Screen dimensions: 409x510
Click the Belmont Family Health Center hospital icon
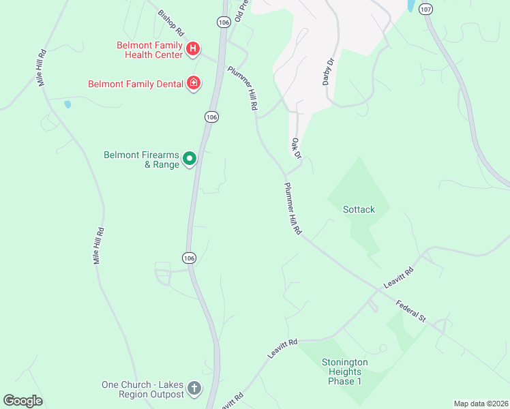point(193,48)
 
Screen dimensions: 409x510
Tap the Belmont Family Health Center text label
point(149,50)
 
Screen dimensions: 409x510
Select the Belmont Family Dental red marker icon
point(194,83)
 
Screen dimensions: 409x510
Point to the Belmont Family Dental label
point(136,85)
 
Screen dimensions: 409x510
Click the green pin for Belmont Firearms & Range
point(190,160)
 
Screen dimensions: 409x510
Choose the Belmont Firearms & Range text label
point(141,160)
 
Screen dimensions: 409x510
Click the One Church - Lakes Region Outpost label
point(142,389)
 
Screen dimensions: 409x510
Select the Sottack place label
point(359,209)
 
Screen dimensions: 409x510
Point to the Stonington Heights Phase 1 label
point(345,372)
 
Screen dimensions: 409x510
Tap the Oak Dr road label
point(296,148)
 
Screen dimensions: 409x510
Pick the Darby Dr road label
point(328,72)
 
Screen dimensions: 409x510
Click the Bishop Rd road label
point(171,22)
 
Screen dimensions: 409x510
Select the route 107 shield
point(426,9)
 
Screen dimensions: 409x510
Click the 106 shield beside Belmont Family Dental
point(211,117)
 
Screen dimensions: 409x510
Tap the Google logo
point(22,401)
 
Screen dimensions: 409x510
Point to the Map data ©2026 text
point(481,404)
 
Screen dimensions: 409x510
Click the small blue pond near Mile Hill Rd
point(67,105)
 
